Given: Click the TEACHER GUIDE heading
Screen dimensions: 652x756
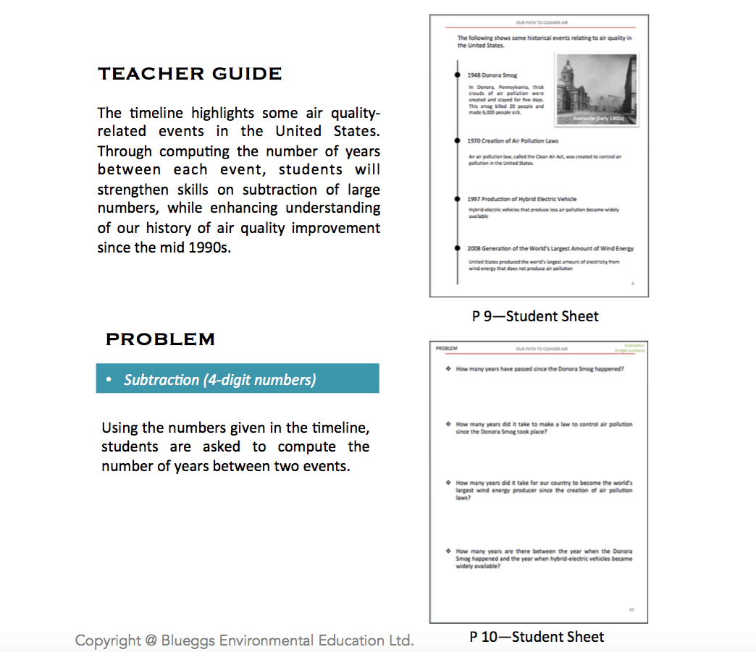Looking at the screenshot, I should click(x=190, y=74).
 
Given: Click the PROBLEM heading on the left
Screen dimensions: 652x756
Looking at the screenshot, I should click(x=160, y=339).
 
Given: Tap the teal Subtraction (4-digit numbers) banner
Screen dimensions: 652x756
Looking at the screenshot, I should click(x=237, y=379).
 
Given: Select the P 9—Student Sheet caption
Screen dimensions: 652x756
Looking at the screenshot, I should click(x=535, y=316).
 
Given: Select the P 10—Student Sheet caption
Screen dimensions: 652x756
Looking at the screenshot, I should click(x=537, y=637).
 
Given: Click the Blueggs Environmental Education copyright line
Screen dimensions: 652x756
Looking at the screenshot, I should click(x=245, y=640).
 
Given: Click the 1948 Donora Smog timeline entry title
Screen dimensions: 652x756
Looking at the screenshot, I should click(x=492, y=75).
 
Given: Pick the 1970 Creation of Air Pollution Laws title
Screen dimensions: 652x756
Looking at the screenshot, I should click(x=513, y=141).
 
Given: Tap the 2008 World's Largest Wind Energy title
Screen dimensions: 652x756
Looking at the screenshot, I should click(x=550, y=248).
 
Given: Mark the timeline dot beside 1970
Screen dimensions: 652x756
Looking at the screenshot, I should click(x=457, y=141).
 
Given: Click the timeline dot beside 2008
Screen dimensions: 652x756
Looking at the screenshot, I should click(x=457, y=248).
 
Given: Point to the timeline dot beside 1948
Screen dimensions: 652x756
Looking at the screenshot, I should click(x=457, y=75).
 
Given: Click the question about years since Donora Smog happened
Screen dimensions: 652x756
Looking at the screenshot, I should click(x=539, y=369).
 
